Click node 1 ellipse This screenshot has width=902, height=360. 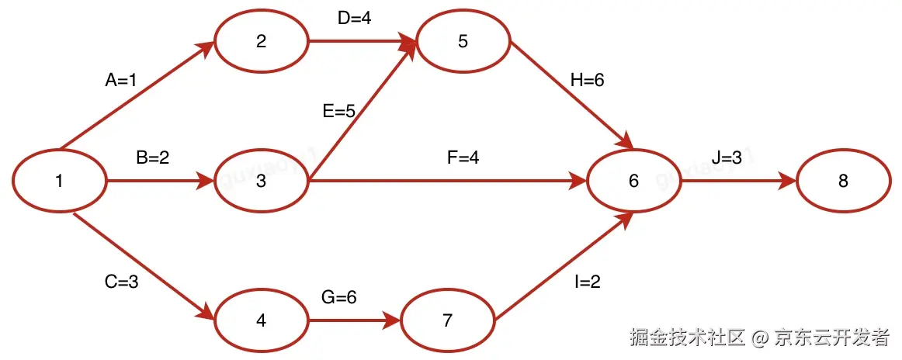tap(59, 182)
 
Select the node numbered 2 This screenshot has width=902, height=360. tap(261, 41)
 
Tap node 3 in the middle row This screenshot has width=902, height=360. tap(261, 182)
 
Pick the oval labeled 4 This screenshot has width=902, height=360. tap(261, 320)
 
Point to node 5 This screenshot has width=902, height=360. tap(463, 41)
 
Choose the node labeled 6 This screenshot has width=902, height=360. tap(633, 182)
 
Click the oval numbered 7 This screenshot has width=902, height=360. tap(447, 320)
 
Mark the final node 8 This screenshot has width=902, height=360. tap(843, 182)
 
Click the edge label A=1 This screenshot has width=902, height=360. tap(121, 79)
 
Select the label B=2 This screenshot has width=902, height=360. tap(153, 157)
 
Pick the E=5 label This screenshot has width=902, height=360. tap(339, 112)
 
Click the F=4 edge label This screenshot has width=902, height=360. tap(463, 157)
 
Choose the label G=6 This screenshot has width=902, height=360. tap(339, 296)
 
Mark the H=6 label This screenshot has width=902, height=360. tap(587, 80)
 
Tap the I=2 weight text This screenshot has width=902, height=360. tap(588, 282)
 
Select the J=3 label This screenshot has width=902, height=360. tap(727, 157)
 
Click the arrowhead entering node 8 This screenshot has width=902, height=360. tap(788, 182)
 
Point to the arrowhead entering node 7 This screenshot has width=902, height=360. tap(392, 320)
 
